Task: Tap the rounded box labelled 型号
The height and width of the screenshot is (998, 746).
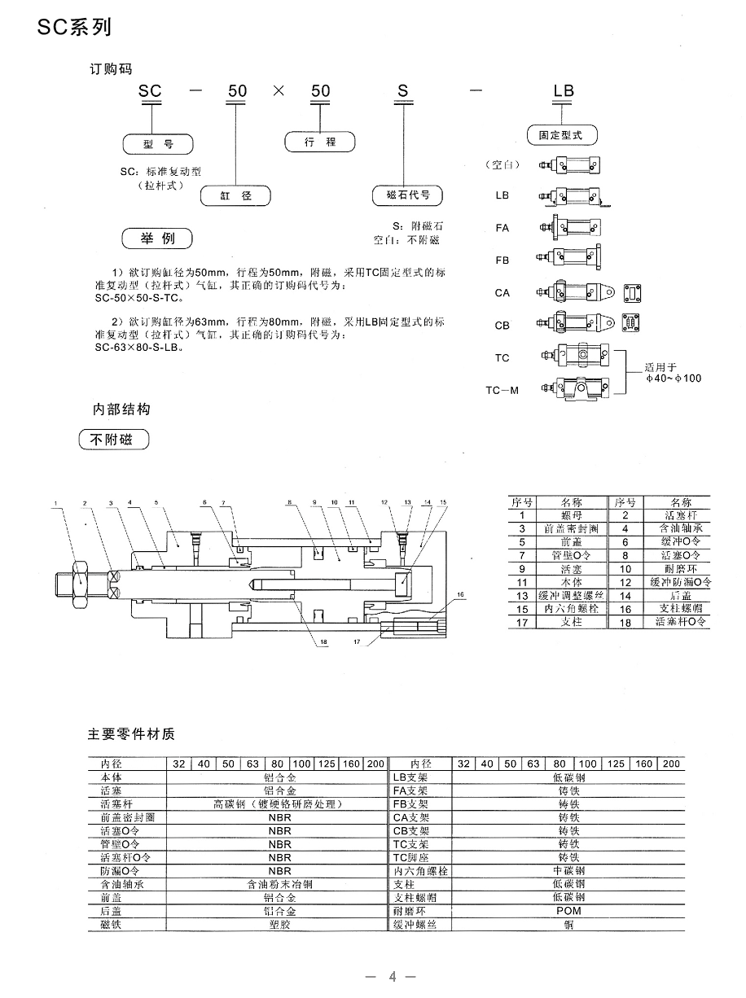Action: [x=159, y=145]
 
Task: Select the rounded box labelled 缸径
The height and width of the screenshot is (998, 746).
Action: [x=236, y=196]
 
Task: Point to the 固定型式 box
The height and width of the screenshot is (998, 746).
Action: [x=562, y=136]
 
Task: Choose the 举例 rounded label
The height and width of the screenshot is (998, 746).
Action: [x=158, y=239]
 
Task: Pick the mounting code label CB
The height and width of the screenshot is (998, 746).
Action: [x=502, y=325]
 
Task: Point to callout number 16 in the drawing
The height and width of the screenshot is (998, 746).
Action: [x=459, y=595]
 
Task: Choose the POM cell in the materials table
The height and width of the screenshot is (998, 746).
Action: [x=568, y=911]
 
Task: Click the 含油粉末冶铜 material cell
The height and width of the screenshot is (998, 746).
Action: [x=279, y=884]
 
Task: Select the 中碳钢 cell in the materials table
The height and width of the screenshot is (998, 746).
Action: [x=568, y=871]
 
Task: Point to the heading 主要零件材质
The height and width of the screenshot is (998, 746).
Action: [x=131, y=733]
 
